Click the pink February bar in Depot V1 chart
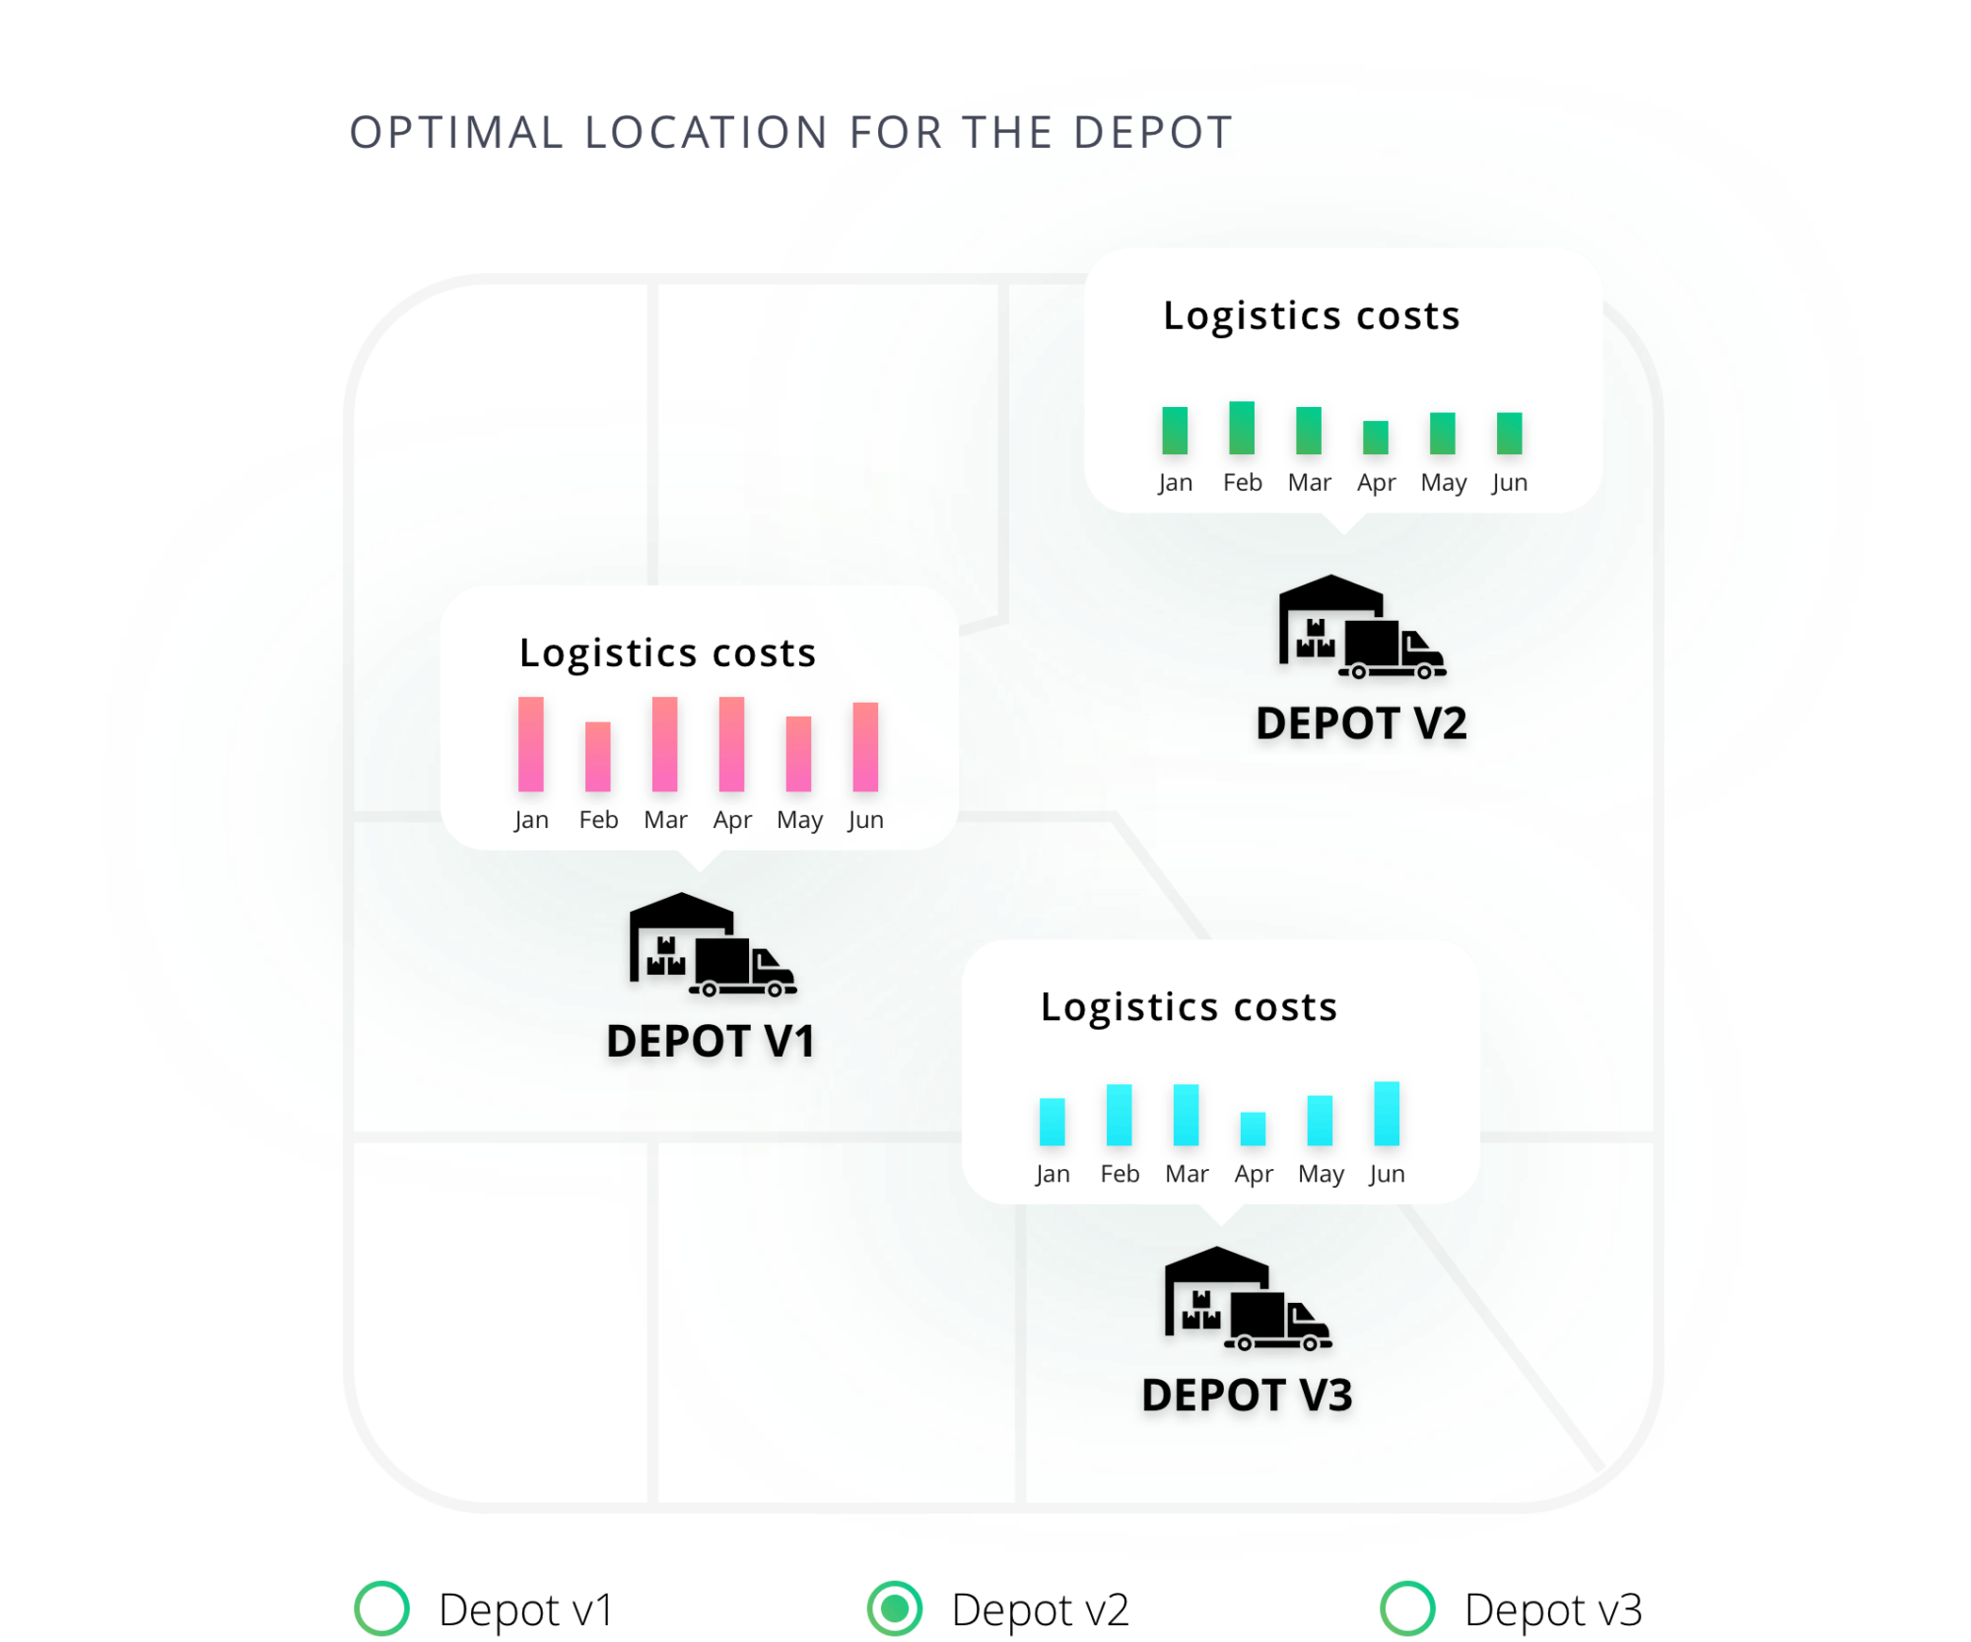coord(597,756)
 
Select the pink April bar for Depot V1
coord(731,744)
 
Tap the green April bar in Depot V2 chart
coord(1376,437)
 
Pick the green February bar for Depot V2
coord(1242,428)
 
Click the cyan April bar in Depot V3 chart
coord(1253,1129)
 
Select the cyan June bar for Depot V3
coord(1387,1114)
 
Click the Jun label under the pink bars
coord(865,820)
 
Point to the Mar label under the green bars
coord(1309,483)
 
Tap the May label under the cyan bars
coord(1321,1174)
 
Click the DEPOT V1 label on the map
coord(710,1043)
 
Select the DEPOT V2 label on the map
coord(1361,725)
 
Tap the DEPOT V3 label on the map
coord(1247,1397)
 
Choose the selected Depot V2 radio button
coord(895,1608)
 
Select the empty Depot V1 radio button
coord(382,1608)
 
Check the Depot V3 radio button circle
coord(1407,1608)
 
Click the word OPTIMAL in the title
coord(455,133)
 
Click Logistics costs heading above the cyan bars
coord(1189,1007)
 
